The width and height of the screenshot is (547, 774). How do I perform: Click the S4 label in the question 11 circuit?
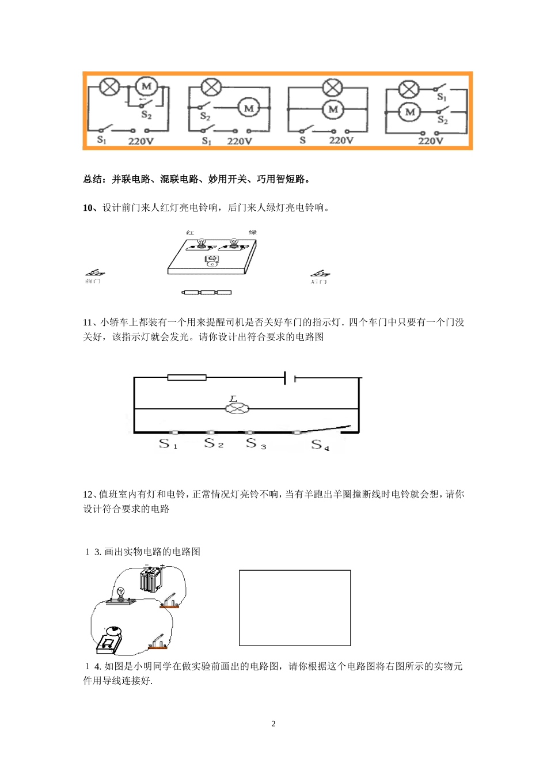[320, 445]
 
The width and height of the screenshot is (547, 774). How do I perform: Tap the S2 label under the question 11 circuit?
[214, 443]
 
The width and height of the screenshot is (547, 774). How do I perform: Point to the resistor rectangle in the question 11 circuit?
[187, 378]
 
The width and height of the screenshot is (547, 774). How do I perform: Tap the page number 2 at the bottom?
[273, 724]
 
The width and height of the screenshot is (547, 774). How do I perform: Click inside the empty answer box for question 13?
[295, 608]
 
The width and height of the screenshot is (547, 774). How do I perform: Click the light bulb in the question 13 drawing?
[121, 594]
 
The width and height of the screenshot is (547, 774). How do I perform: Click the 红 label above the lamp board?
[190, 232]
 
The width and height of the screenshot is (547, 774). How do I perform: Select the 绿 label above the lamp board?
[252, 232]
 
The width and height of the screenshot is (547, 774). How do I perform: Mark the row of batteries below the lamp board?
[206, 293]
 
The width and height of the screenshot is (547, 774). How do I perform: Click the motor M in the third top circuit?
[333, 109]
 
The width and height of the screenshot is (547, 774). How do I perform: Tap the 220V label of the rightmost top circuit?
[431, 141]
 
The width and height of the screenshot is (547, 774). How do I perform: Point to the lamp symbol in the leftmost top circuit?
[109, 87]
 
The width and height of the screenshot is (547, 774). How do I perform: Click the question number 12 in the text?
[88, 494]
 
